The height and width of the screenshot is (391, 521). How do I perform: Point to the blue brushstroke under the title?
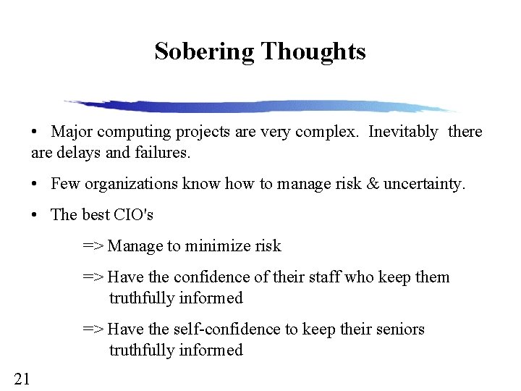(260, 106)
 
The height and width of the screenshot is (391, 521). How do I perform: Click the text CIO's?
(135, 215)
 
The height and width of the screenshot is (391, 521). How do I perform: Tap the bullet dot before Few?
(35, 185)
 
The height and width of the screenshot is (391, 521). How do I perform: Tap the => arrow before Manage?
(93, 246)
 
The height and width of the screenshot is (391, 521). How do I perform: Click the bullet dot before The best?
(35, 215)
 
